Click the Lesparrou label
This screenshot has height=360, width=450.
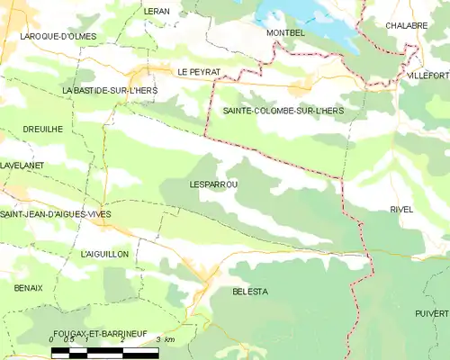pos(213,184)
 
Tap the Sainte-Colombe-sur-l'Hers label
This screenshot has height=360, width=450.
pos(283,110)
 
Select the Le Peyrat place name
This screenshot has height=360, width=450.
pos(199,71)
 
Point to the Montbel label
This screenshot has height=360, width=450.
pos(286,32)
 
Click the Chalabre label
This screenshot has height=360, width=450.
pos(407,26)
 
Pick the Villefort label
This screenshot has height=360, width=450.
pos(428,75)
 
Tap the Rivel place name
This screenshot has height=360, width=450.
pos(401,209)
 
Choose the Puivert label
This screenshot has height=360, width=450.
pos(432,312)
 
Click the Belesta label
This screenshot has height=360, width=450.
pos(250,292)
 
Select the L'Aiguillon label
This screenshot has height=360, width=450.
pos(104,255)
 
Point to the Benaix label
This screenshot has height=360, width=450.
pos(28,287)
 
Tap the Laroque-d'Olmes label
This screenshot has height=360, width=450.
pos(58,37)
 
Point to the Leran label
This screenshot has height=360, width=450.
pos(157,11)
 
